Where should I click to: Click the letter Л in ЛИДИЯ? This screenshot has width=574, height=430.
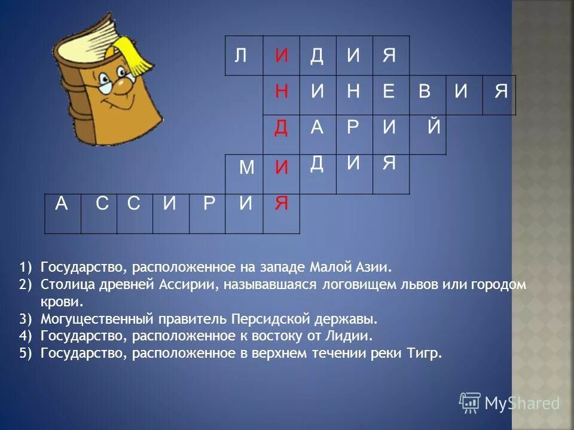pyautogui.click(x=240, y=56)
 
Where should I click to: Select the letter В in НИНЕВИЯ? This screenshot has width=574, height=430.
pyautogui.click(x=425, y=91)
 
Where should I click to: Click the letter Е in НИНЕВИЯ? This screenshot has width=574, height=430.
pyautogui.click(x=389, y=91)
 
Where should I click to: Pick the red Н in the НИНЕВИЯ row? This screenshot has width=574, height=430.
pyautogui.click(x=282, y=91)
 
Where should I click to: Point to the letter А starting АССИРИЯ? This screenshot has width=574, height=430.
pyautogui.click(x=62, y=204)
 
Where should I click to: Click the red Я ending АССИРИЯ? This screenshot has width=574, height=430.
pyautogui.click(x=281, y=204)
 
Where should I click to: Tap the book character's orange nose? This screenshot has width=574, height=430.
pyautogui.click(x=121, y=88)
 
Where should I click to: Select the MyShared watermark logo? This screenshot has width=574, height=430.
pyautogui.click(x=509, y=403)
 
